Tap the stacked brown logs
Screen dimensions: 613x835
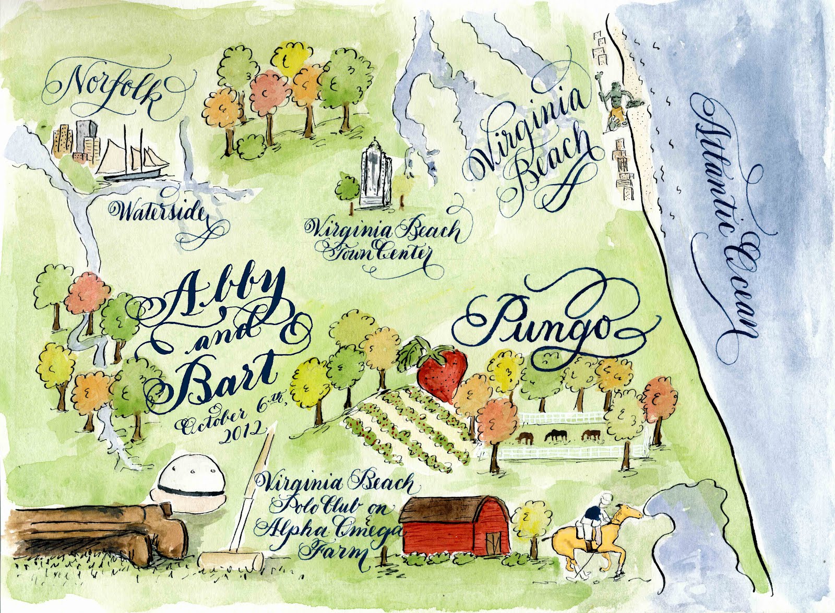(x=89, y=537)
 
